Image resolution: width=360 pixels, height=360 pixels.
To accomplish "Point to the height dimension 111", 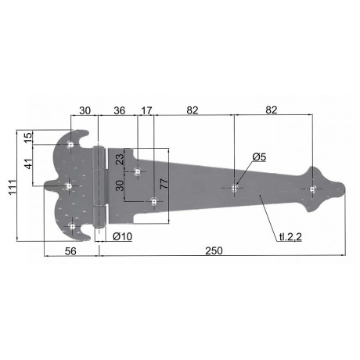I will click(x=9, y=187).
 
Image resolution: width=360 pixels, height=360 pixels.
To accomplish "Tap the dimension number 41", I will click(x=27, y=165).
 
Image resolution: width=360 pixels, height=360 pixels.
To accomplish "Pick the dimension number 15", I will click(x=27, y=137).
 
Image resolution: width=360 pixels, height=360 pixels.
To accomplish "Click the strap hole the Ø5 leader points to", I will click(x=236, y=188).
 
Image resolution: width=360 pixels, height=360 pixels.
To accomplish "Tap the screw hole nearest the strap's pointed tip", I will click(x=312, y=189).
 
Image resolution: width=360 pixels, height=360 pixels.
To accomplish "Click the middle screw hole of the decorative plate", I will click(x=70, y=186).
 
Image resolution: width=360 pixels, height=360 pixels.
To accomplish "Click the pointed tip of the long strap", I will click(x=344, y=189).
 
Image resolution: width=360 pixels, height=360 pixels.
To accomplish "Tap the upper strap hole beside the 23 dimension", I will click(x=138, y=171).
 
